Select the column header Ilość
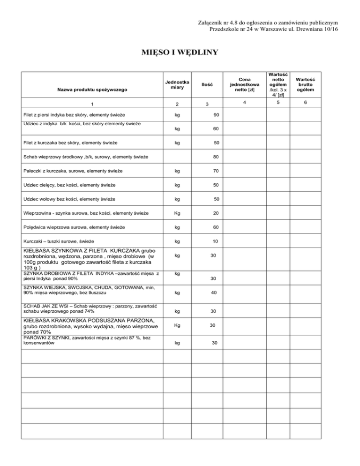[x=208, y=84]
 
